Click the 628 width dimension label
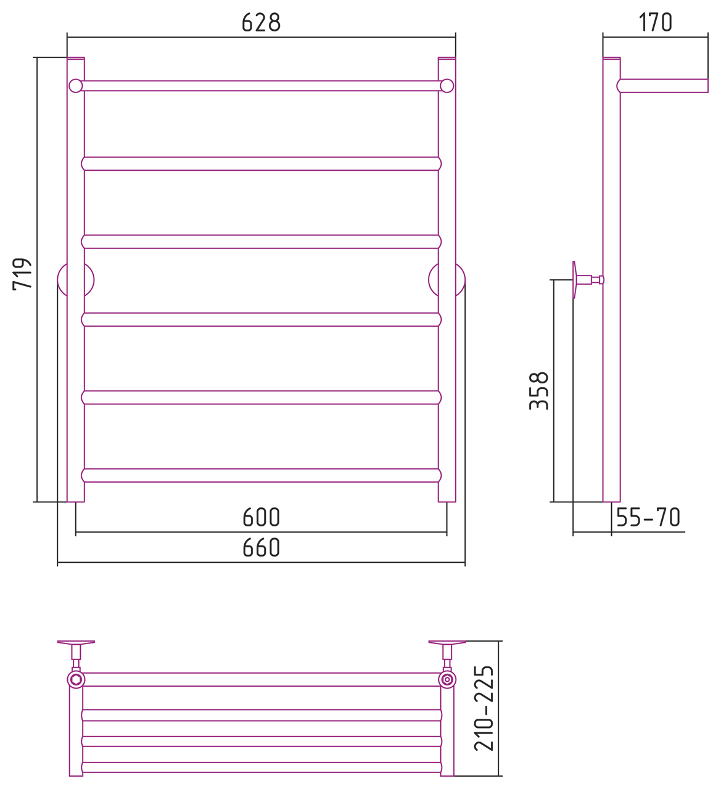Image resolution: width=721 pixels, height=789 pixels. pyautogui.click(x=261, y=22)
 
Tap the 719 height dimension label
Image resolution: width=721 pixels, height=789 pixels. pyautogui.click(x=22, y=274)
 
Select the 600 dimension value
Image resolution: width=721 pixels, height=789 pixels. pyautogui.click(x=262, y=517)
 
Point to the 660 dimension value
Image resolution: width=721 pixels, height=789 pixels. pyautogui.click(x=262, y=547)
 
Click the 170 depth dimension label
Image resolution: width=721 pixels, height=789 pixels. pyautogui.click(x=655, y=22)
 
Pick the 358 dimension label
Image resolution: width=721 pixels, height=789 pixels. pyautogui.click(x=539, y=391)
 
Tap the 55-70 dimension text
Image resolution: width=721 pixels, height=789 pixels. pyautogui.click(x=648, y=517)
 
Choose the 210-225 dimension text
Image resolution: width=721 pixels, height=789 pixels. pyautogui.click(x=484, y=708)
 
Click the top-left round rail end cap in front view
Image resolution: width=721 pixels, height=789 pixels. pyautogui.click(x=76, y=86)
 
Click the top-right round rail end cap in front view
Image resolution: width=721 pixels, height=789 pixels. pyautogui.click(x=447, y=86)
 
